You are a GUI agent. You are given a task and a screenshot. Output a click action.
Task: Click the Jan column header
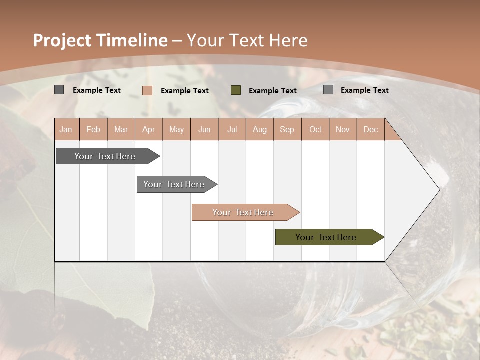(x=66, y=129)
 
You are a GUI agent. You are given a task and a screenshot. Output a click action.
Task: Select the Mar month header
(x=121, y=129)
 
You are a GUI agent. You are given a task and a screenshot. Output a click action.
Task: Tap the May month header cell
(x=176, y=129)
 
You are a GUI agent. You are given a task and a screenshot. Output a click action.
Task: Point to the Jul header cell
(x=232, y=129)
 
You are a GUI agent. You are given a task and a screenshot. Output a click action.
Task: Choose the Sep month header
(x=287, y=129)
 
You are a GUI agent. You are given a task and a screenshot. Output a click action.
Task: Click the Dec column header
(x=370, y=129)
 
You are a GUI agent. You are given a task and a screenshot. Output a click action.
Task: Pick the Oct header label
(x=315, y=129)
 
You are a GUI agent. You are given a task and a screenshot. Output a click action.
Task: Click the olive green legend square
(x=236, y=90)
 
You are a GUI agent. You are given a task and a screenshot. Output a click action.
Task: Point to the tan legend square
(x=147, y=90)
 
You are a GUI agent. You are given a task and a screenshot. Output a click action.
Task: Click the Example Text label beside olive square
(x=272, y=91)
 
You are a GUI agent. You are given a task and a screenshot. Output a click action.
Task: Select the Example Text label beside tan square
(x=184, y=91)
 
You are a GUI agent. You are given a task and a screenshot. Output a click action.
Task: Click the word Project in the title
(x=62, y=40)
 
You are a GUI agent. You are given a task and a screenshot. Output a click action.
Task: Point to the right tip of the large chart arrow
(x=439, y=190)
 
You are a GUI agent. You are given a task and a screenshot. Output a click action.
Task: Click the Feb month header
(x=93, y=129)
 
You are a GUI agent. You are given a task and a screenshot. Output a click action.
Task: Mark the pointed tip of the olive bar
(x=383, y=237)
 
